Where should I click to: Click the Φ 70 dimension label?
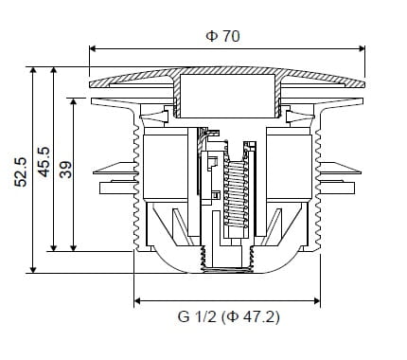[x=222, y=36]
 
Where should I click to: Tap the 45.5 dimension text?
[x=44, y=162]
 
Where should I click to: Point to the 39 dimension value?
[x=65, y=170]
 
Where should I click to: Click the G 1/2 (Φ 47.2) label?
[x=229, y=316]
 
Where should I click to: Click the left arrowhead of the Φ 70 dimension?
[x=93, y=48]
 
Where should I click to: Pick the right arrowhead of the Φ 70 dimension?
[x=362, y=48]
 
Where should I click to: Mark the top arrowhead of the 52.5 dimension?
[x=33, y=70]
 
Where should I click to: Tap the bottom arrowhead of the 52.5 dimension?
[x=33, y=270]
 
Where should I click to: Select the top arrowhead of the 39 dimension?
[x=74, y=101]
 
